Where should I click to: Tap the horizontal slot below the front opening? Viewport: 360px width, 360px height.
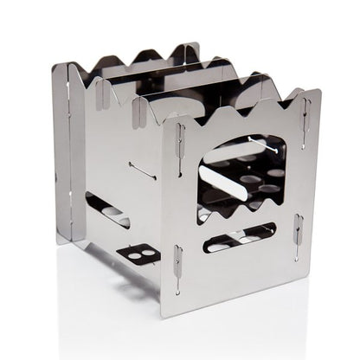pos(240,236)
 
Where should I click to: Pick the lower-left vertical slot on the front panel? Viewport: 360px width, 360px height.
pos(177,264)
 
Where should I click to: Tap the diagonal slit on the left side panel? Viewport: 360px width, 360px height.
pos(142,170)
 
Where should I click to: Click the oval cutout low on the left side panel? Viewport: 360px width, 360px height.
pos(107,210)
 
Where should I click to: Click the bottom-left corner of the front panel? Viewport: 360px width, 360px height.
pos(162,305)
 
